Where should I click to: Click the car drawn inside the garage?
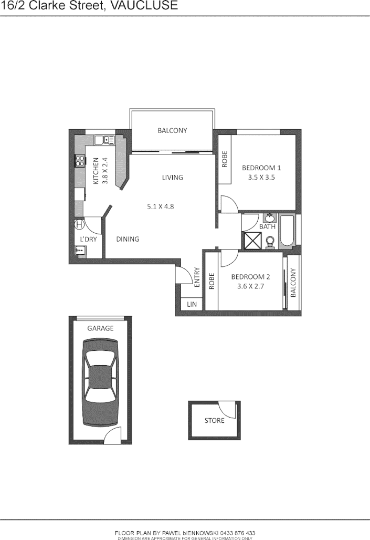click(x=100, y=382)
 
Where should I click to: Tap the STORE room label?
click(x=214, y=420)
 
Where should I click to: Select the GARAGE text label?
click(x=100, y=328)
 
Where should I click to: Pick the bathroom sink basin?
click(x=270, y=217)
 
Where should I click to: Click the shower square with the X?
click(x=251, y=241)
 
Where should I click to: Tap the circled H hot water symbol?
click(x=79, y=225)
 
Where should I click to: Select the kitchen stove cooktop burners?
click(x=80, y=161)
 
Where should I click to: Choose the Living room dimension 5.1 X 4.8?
click(x=160, y=206)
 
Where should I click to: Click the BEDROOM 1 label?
click(x=261, y=168)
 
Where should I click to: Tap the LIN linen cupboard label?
click(x=191, y=305)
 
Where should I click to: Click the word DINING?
click(x=128, y=239)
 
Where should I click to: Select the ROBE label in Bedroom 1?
click(x=225, y=160)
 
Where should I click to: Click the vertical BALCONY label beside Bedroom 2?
click(x=293, y=283)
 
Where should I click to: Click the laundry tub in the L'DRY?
click(x=80, y=251)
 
